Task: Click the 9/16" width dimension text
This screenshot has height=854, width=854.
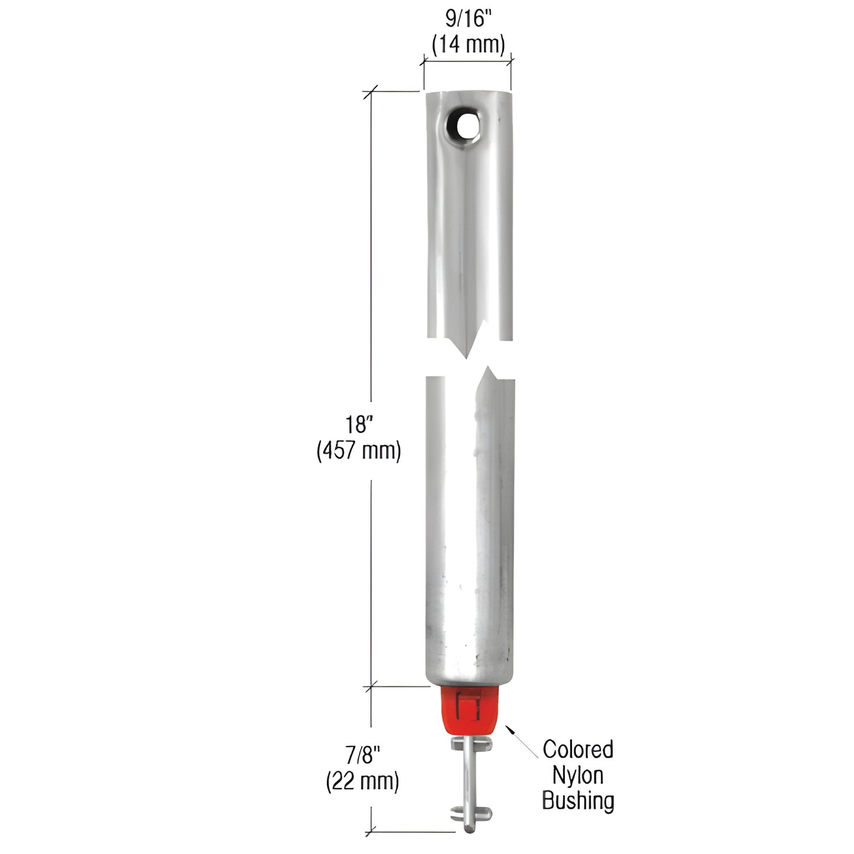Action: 468,20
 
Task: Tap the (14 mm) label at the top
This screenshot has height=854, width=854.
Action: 468,45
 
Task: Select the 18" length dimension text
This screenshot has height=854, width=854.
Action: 360,424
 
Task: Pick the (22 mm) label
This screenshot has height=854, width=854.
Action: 362,781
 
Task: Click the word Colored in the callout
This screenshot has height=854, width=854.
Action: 578,749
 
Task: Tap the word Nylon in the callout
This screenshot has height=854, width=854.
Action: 578,775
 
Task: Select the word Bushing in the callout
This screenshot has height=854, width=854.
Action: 578,801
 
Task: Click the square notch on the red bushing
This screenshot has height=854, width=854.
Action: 468,705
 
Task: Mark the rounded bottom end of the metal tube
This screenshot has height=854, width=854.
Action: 468,680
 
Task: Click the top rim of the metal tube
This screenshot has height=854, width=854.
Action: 467,93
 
